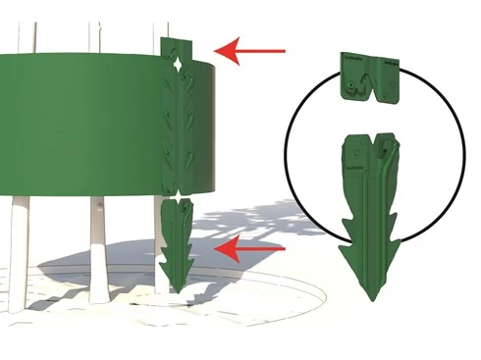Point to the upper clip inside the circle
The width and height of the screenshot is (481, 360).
click(370, 77)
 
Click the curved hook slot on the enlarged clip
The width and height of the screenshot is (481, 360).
click(359, 91)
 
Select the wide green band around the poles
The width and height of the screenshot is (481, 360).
click(79, 128)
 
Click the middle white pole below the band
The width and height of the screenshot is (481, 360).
click(97, 250)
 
